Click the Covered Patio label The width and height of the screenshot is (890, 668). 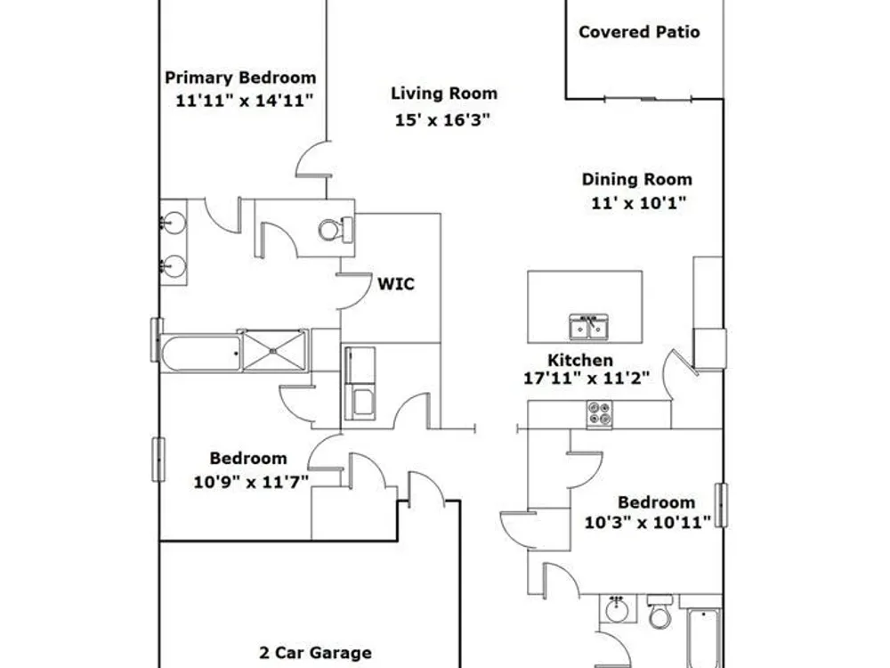point(639,32)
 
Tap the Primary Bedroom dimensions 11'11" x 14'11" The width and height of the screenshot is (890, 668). point(244,102)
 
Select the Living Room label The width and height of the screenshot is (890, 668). point(444,94)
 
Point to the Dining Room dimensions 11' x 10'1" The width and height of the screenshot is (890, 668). point(638,203)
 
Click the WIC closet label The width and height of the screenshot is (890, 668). point(396,283)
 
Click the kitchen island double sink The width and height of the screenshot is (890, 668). point(588,327)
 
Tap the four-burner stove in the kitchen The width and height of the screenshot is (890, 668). point(599,414)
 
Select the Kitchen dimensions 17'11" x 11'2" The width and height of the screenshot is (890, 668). point(587,378)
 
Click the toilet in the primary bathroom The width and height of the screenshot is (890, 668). point(336,230)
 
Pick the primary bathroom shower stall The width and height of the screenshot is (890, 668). point(275,350)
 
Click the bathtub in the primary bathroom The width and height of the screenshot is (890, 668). point(201,354)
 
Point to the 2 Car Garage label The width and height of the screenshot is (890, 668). point(316,653)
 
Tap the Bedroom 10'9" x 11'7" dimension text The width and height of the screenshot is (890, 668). point(251,482)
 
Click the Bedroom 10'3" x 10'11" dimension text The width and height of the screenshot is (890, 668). point(648,522)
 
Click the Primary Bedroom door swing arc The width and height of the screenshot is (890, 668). point(311,159)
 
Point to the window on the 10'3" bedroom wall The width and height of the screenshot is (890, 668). point(721,505)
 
